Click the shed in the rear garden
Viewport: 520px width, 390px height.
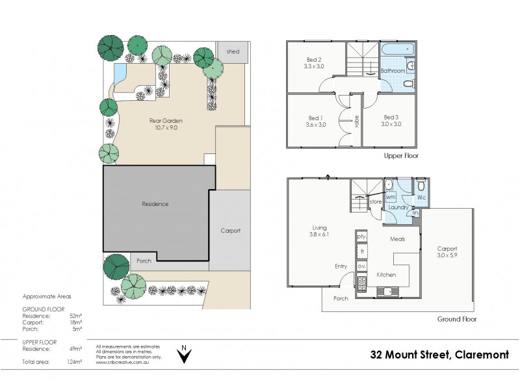pyautogui.click(x=232, y=51)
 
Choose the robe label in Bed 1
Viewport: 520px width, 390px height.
pyautogui.click(x=356, y=123)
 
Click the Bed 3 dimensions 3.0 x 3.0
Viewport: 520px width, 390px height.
pyautogui.click(x=391, y=124)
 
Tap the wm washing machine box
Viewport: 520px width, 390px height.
pyautogui.click(x=391, y=196)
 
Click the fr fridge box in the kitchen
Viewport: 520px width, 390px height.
pyautogui.click(x=362, y=251)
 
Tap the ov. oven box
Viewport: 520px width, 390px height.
pyautogui.click(x=362, y=266)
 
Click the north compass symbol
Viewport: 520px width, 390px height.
pyautogui.click(x=186, y=355)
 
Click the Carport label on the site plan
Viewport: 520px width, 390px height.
pyautogui.click(x=231, y=231)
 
